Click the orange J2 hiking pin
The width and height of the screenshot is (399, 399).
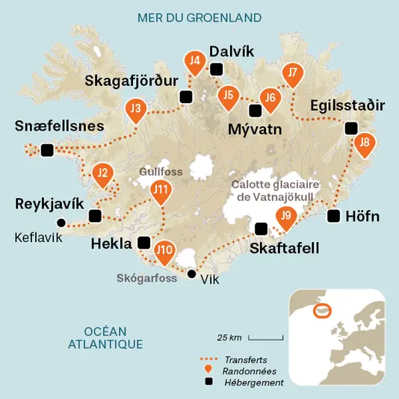[103, 176]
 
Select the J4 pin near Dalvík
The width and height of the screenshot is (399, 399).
[196, 62]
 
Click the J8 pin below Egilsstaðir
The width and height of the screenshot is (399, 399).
[364, 143]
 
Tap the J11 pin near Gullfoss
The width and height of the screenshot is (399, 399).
[160, 191]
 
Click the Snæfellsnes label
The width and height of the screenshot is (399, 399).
[59, 126]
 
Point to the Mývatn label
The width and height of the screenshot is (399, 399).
[255, 129]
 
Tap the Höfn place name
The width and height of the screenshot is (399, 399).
[363, 217]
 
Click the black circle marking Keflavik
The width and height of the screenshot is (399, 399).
[61, 222]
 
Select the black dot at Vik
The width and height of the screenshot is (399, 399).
[192, 274]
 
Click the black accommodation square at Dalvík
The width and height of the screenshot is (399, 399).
[217, 69]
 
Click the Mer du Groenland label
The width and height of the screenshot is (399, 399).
[199, 16]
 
